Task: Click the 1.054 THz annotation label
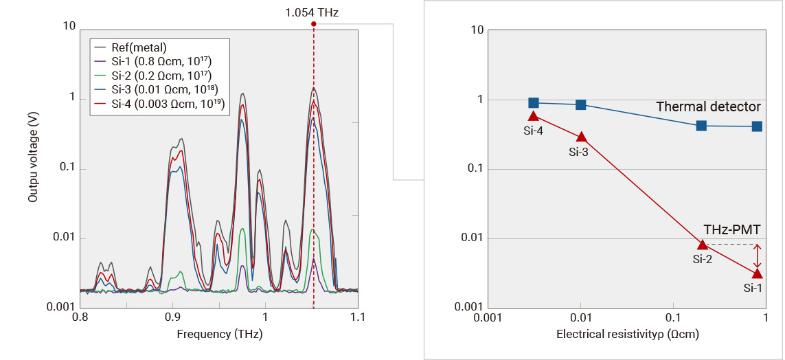(312, 12)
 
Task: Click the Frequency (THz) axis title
(219, 335)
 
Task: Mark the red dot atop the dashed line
(314, 23)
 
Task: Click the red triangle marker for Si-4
(534, 116)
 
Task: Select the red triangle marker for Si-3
(581, 137)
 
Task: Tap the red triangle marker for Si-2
(702, 244)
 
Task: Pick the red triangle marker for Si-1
(757, 273)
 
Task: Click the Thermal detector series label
(708, 106)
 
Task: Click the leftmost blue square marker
(534, 103)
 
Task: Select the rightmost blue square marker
(757, 126)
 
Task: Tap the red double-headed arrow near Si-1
(757, 257)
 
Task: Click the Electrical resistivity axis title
(627, 335)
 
